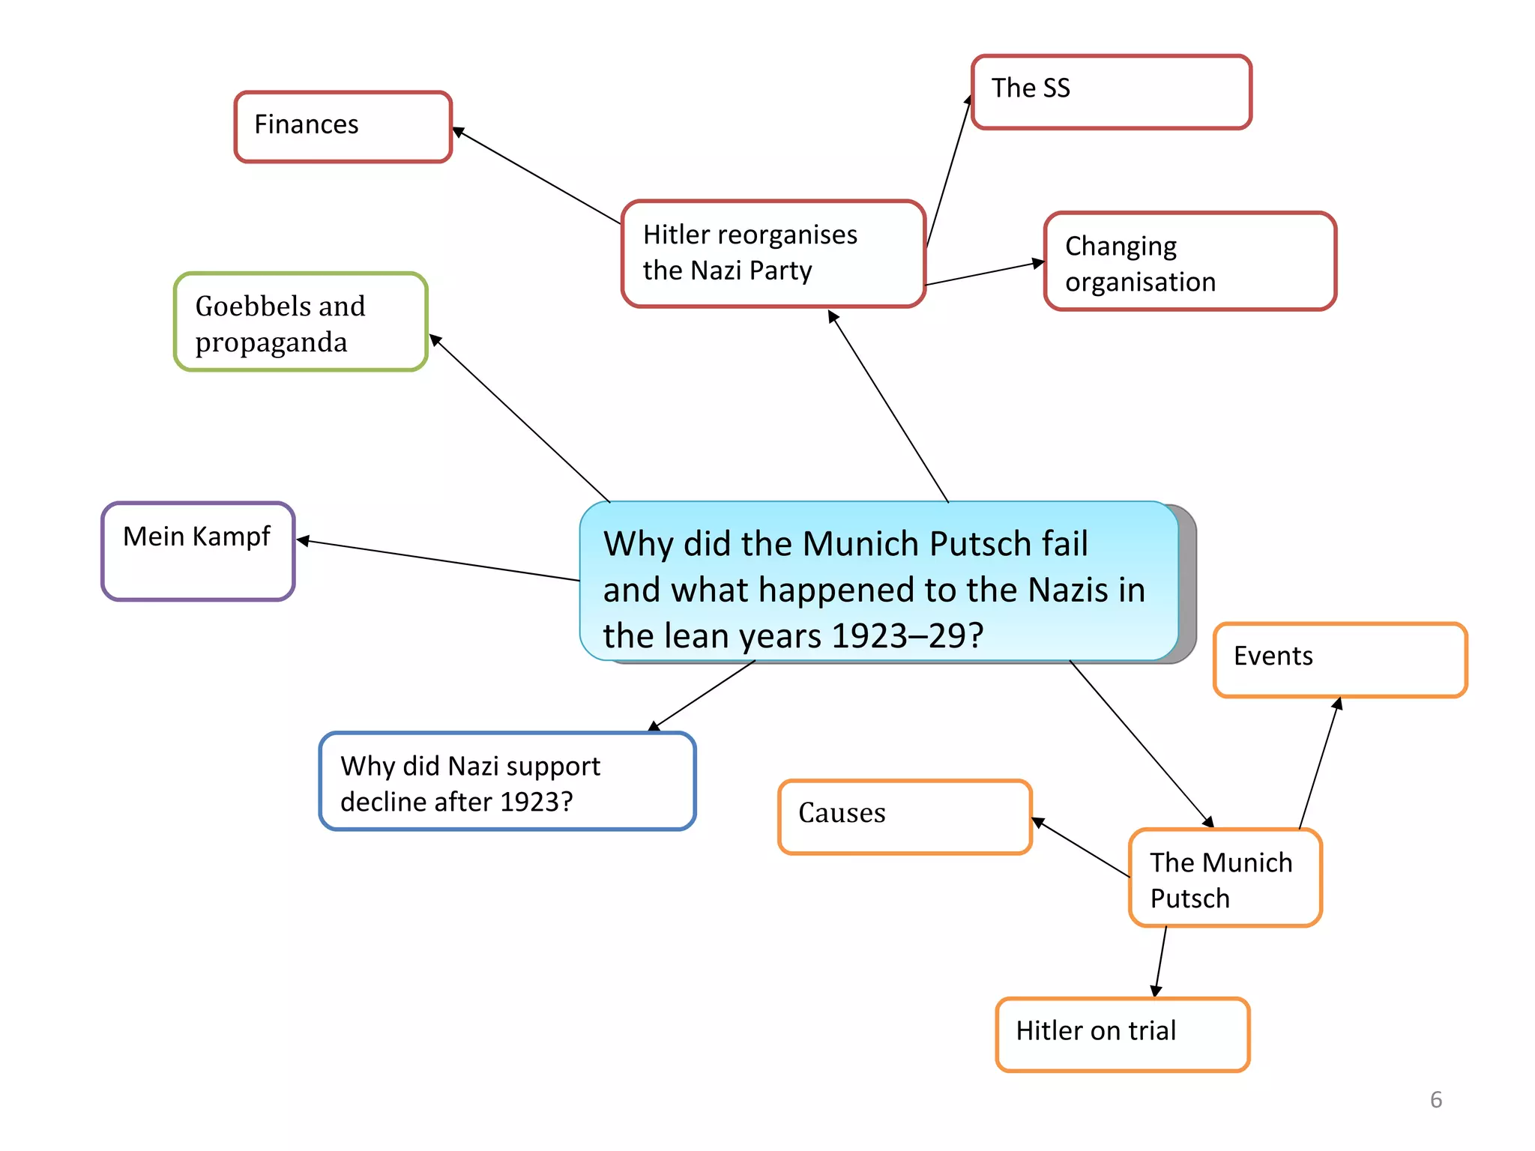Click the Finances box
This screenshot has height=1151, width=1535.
coord(343,127)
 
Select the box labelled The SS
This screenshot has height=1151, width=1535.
coord(1111,91)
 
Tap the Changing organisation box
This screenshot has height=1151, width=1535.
coord(1189,262)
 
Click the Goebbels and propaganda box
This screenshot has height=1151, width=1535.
coord(301,322)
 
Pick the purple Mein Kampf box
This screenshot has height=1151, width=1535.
coord(198,552)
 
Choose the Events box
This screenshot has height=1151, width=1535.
coord(1339,659)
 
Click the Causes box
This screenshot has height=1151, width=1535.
coord(905,817)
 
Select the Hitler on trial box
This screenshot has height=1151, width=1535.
coord(1122,1034)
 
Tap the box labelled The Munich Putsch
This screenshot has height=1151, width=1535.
coord(1225,877)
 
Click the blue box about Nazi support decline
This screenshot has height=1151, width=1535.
coord(507,782)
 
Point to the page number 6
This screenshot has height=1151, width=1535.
coord(1435,1099)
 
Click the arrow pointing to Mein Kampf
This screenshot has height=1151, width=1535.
coord(438,560)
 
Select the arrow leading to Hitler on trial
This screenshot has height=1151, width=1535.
coord(1161,961)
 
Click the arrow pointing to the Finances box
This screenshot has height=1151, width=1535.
coord(536,175)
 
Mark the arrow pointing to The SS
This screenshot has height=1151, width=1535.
coord(948,172)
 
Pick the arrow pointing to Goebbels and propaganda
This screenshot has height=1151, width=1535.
coord(519,418)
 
